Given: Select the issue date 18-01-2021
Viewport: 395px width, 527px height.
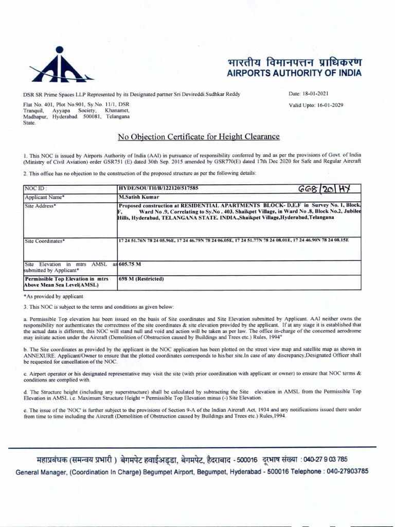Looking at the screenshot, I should pyautogui.click(x=313, y=95).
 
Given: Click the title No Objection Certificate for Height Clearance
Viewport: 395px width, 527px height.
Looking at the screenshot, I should pyautogui.click(x=199, y=136).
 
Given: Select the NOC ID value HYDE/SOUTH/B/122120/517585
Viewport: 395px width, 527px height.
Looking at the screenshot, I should pyautogui.click(x=158, y=189).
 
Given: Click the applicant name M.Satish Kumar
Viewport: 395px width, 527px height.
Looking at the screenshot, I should pyautogui.click(x=139, y=197).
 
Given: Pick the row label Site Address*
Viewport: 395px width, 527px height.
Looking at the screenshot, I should pyautogui.click(x=40, y=205).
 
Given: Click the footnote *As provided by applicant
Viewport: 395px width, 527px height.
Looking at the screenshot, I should pyautogui.click(x=53, y=296).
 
